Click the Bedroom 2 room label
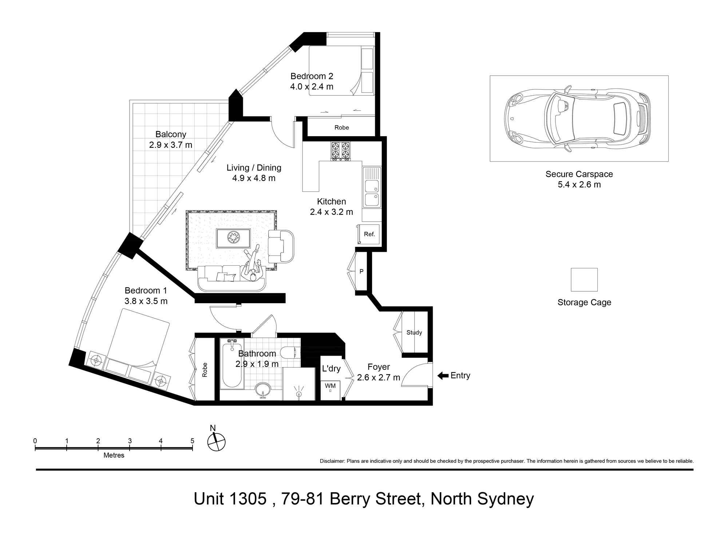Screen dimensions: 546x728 [x=312, y=76]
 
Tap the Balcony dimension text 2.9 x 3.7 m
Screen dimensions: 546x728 [x=170, y=145]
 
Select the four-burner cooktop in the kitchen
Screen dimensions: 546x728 [x=340, y=151]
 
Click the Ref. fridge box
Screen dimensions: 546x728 [x=369, y=234]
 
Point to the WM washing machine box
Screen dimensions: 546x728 [x=330, y=388]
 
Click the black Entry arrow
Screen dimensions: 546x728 [x=443, y=376]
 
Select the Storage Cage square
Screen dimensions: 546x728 [x=584, y=280]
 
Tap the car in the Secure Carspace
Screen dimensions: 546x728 [x=577, y=118]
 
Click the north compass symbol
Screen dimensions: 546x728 [x=216, y=442]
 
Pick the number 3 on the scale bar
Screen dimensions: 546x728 [x=130, y=441]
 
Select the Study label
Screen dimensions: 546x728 [x=414, y=332]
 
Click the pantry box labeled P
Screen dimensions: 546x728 [x=361, y=272]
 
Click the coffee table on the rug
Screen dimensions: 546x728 [x=233, y=238]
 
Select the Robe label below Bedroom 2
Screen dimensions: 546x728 [x=341, y=127]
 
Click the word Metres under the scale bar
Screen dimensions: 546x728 [x=114, y=455]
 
